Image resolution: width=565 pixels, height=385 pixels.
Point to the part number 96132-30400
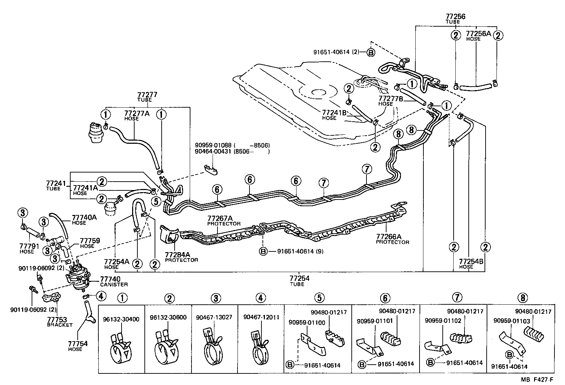coord(121,319)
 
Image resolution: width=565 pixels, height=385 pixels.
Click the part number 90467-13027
coord(214,317)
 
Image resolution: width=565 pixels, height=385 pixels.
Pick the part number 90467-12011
coord(261,317)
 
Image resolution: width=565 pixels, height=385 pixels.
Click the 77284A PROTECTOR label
coord(181,257)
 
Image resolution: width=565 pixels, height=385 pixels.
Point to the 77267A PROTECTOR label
coord(224,221)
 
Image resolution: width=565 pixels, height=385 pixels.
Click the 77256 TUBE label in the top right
coord(455,19)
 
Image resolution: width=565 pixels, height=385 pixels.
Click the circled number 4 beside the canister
coord(100,296)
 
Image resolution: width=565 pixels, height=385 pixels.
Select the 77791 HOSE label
coord(27,249)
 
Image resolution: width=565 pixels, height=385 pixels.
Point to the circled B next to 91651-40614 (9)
coord(263,251)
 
